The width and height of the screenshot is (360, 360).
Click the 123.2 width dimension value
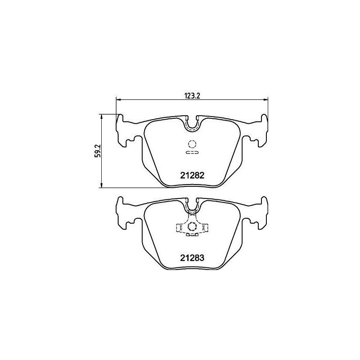pos(192,95)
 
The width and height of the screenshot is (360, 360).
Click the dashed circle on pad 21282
pos(192,144)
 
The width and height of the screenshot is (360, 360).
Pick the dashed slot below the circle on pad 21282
pos(192,153)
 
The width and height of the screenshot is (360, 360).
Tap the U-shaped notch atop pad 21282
pos(192,124)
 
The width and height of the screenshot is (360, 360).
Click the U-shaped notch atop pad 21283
pos(192,206)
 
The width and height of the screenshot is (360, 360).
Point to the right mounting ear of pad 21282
pos(262,131)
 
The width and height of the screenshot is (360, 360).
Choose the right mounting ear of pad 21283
pos(262,213)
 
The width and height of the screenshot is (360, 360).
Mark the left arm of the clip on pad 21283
pos(180,229)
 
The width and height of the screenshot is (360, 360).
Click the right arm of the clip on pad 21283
pos(205,229)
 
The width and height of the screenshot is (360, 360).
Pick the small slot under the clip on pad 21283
pos(192,234)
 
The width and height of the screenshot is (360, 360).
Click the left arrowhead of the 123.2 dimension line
pos(118,99)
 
